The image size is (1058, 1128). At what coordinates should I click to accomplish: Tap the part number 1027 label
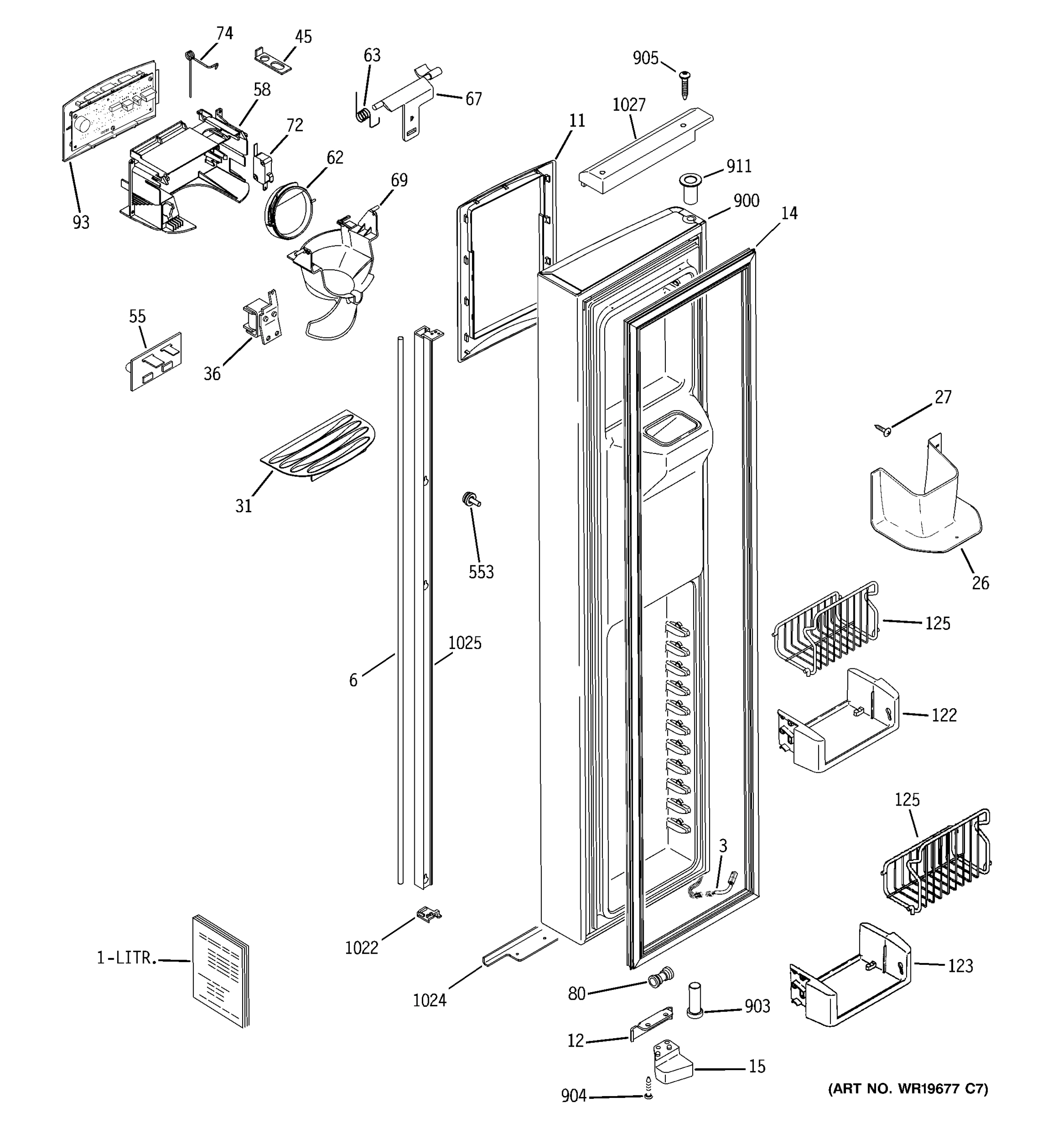[x=629, y=105]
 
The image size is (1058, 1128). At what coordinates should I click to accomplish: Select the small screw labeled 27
[x=883, y=430]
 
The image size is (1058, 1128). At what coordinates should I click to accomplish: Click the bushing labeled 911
[x=690, y=188]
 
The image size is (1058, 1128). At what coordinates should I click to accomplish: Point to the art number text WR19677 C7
[x=908, y=1089]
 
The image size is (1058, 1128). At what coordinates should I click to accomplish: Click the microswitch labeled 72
[x=262, y=167]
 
